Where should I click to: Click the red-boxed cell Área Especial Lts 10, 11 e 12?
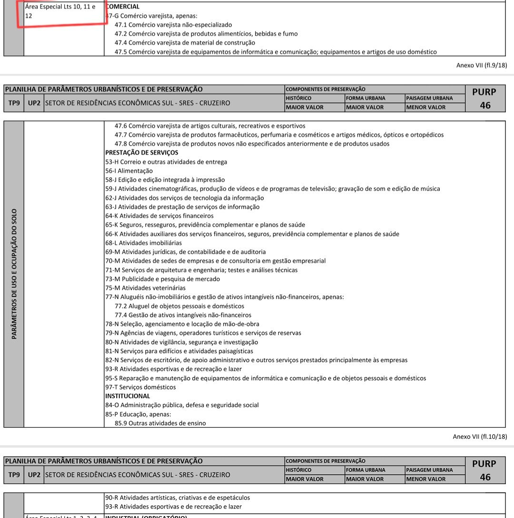click(60, 11)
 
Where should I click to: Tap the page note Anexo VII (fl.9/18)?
click(481, 66)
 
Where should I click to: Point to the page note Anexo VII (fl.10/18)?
click(479, 436)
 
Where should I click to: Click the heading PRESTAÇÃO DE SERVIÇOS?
click(141, 153)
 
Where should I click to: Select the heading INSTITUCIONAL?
click(128, 396)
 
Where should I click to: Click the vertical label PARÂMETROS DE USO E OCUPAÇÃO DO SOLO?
click(14, 274)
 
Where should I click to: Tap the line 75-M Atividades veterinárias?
click(145, 288)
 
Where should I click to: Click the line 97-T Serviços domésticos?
click(140, 387)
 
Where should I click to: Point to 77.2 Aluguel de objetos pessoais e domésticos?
click(179, 306)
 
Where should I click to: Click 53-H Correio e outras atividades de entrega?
click(166, 162)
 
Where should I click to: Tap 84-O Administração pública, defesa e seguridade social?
click(182, 405)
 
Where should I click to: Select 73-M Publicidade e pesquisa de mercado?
click(162, 279)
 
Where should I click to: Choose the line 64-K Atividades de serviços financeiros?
click(159, 215)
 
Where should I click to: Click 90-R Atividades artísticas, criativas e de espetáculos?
click(178, 498)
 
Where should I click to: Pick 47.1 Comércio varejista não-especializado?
click(173, 25)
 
